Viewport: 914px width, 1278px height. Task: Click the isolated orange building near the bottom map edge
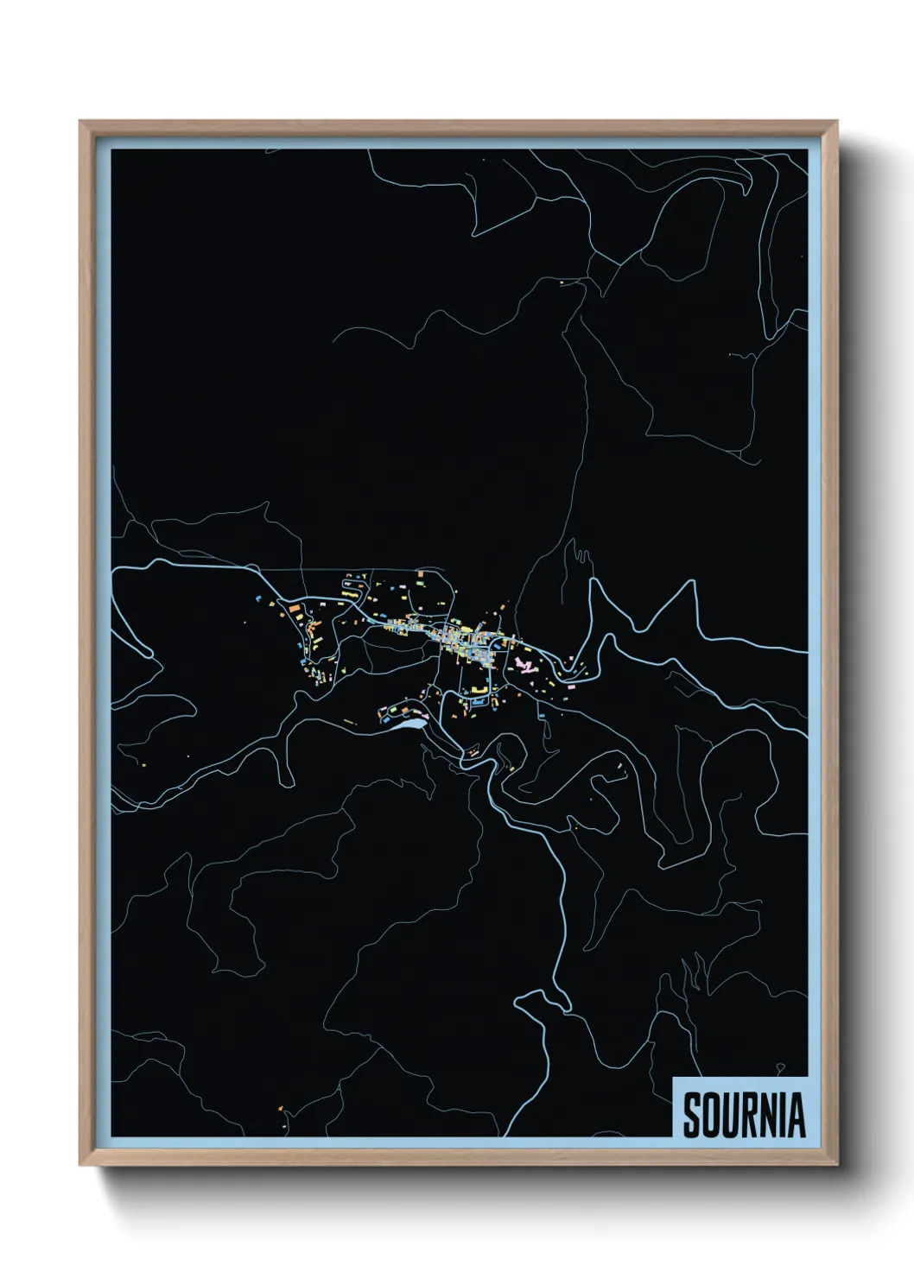[x=281, y=1108]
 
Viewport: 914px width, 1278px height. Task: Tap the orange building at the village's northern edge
[x=421, y=573]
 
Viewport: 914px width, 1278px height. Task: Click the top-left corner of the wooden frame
[x=80, y=122]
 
